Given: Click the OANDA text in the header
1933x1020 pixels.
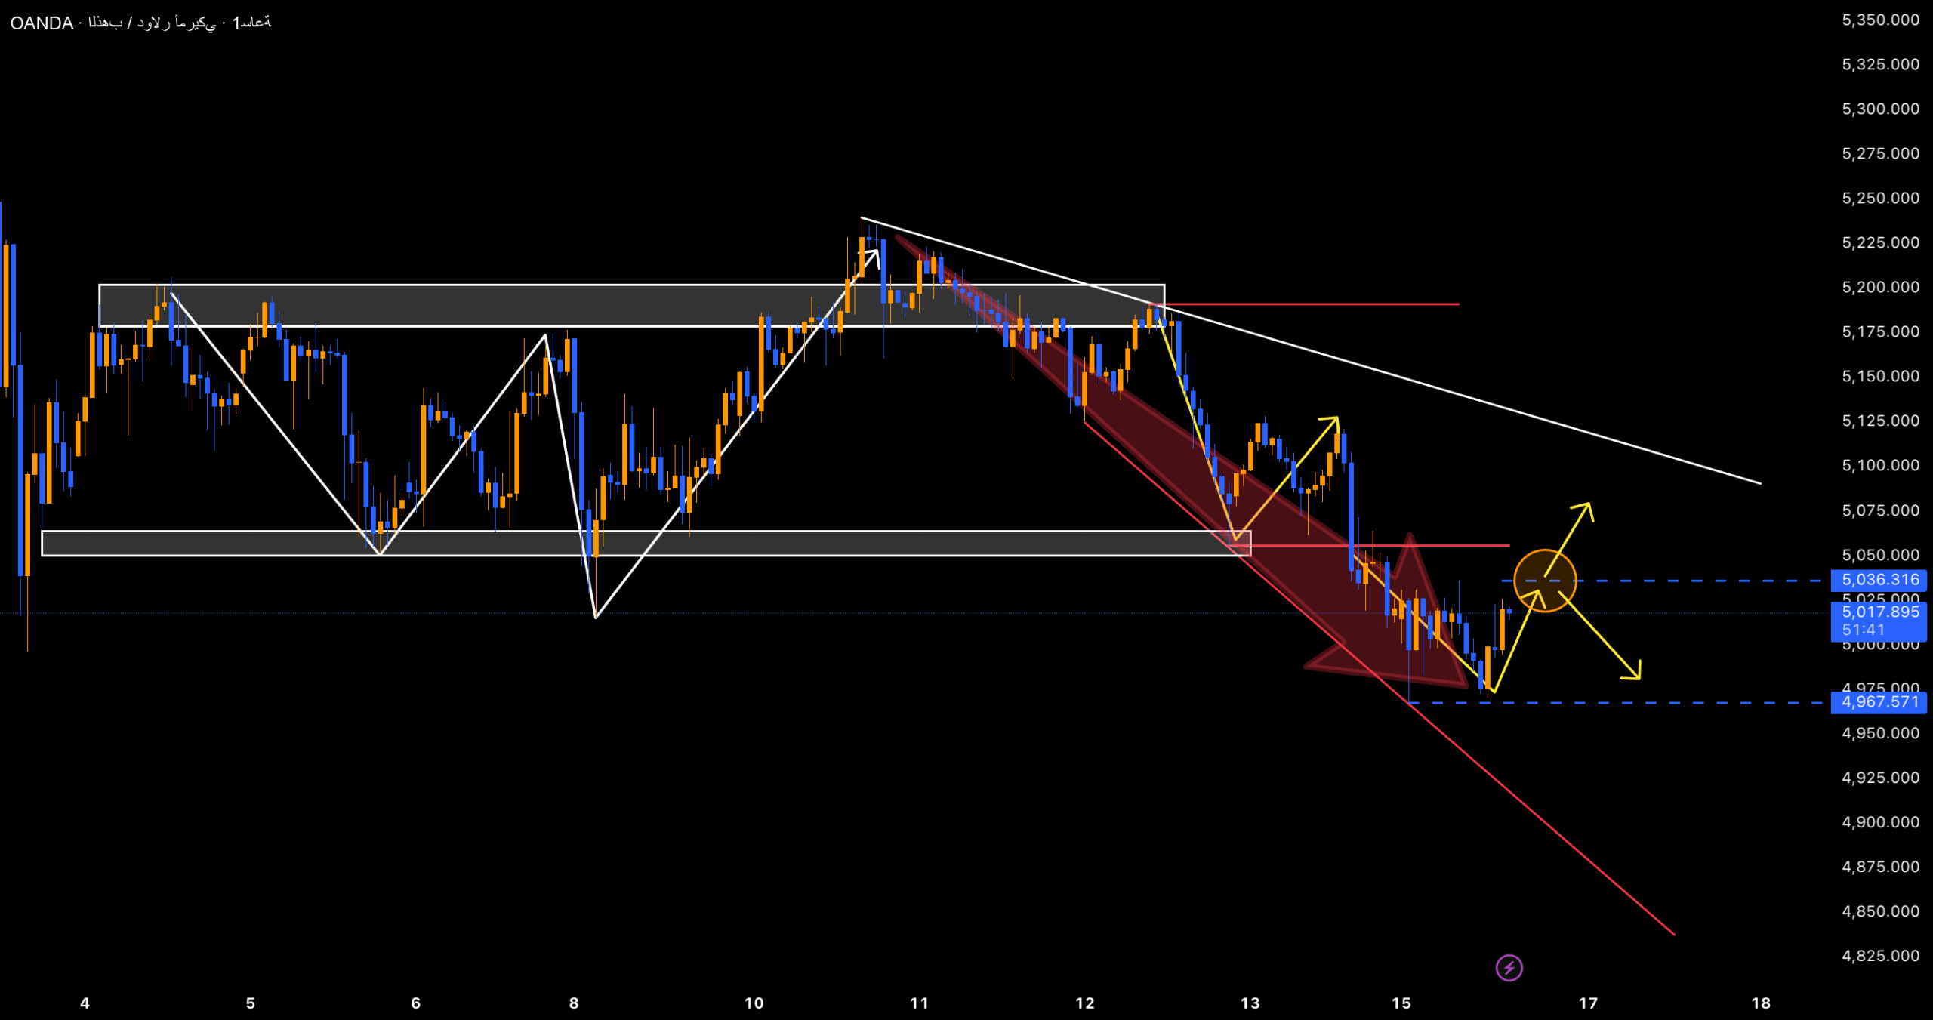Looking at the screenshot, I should [42, 23].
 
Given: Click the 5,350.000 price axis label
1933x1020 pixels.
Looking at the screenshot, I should [1880, 20].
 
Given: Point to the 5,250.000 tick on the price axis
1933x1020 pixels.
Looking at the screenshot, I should [1880, 198].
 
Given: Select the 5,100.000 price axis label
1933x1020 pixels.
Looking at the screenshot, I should [1880, 465].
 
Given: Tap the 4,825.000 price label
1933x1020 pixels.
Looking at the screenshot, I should [1880, 956].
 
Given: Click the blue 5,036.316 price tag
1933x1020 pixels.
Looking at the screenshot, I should [1879, 580].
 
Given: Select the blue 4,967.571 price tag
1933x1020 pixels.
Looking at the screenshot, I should [1879, 702].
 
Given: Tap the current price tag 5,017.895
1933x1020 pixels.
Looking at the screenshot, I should [1879, 612].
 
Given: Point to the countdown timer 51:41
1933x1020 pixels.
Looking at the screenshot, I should [1863, 630].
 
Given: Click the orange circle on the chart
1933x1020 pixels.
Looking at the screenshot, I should [1545, 580].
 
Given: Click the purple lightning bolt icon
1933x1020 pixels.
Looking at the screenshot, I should [1509, 968].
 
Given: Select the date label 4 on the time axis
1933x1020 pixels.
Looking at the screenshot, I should [85, 1003].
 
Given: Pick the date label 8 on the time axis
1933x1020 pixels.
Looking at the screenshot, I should [574, 1003].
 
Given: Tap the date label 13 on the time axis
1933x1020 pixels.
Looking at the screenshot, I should [1250, 1003].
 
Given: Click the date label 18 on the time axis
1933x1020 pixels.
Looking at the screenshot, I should [1761, 1003].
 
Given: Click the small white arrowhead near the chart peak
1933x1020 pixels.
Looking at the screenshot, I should [874, 254].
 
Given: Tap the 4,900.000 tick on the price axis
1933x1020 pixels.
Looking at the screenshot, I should [1880, 822].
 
